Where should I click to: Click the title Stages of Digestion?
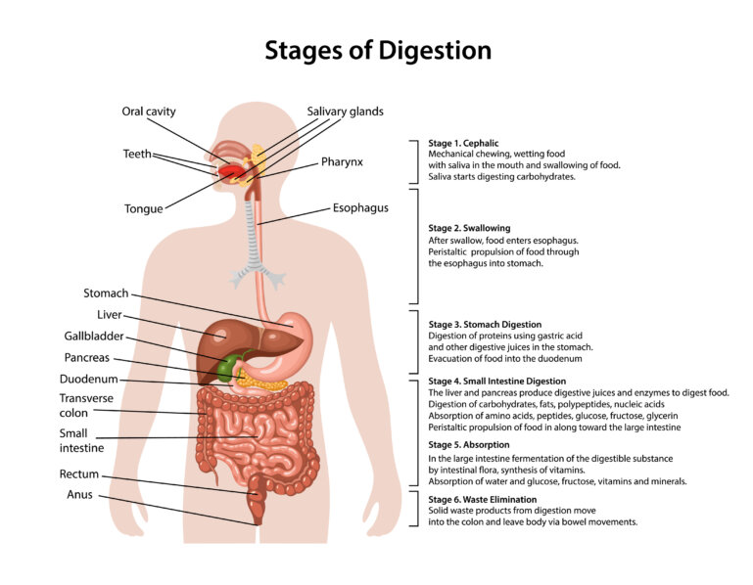pyautogui.click(x=378, y=51)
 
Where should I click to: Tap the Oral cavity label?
pyautogui.click(x=149, y=112)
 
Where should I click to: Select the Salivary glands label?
pyautogui.click(x=346, y=112)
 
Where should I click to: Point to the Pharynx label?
pyautogui.click(x=342, y=162)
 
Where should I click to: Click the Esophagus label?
pyautogui.click(x=360, y=208)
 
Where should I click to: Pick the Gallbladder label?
pyautogui.click(x=94, y=336)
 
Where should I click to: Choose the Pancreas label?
pyautogui.click(x=87, y=357)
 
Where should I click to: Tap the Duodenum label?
pyautogui.click(x=89, y=380)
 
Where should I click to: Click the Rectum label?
pyautogui.click(x=79, y=474)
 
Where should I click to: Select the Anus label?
pyautogui.click(x=79, y=495)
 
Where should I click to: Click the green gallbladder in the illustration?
pyautogui.click(x=226, y=367)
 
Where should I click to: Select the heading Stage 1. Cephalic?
pyautogui.click(x=463, y=143)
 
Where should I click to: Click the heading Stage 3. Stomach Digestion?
pyautogui.click(x=485, y=325)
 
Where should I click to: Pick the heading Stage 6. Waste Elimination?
pyautogui.click(x=483, y=499)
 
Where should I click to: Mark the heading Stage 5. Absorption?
pyautogui.click(x=469, y=445)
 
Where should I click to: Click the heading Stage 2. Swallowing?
pyautogui.click(x=469, y=229)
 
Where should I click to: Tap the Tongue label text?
pyautogui.click(x=144, y=209)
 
